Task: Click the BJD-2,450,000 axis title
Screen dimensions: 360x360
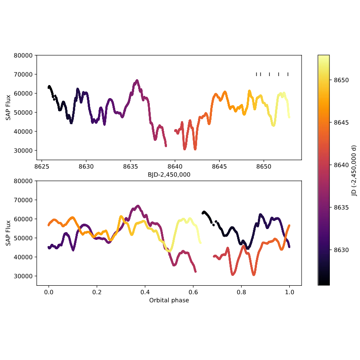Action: (x=169, y=174)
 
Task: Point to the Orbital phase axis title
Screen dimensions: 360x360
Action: (x=169, y=300)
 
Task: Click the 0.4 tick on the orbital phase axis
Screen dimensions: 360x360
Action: (x=145, y=292)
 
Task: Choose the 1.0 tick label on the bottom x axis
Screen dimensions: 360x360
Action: (x=289, y=292)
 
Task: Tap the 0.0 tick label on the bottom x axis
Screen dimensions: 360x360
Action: (x=49, y=292)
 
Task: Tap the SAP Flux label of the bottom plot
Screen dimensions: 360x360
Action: (x=8, y=233)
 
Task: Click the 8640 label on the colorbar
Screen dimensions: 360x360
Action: (x=341, y=165)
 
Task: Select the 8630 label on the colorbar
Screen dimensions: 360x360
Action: (x=341, y=250)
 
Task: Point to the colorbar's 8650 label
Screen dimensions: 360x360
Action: (x=341, y=80)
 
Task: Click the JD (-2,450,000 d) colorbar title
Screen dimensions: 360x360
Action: (x=354, y=170)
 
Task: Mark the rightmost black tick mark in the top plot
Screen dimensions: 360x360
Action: (x=288, y=74)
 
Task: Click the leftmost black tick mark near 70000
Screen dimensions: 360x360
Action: (x=256, y=74)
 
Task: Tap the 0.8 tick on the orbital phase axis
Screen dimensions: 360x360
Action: (x=241, y=292)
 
